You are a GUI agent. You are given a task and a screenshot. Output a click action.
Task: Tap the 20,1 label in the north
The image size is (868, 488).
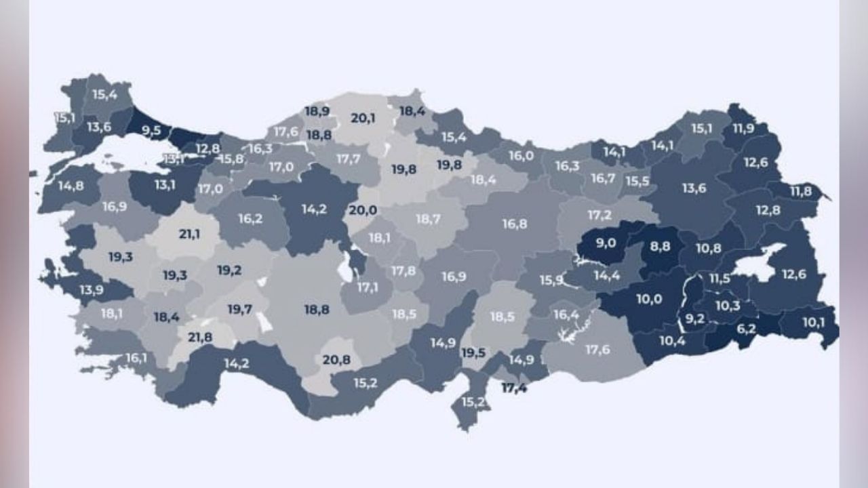click(363, 118)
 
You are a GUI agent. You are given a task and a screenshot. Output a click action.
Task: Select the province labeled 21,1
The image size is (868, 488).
click(189, 235)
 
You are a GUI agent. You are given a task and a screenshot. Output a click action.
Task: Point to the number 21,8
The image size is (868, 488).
click(200, 337)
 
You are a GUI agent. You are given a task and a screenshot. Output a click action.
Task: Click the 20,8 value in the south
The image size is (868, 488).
click(336, 360)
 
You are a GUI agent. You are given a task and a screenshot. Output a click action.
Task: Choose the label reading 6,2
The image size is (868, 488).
click(746, 329)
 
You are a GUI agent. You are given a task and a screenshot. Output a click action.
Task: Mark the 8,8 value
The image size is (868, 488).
click(660, 247)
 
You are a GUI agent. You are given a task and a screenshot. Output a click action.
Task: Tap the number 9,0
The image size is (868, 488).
click(606, 243)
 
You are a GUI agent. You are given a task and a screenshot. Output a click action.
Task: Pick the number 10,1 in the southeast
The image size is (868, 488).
click(814, 322)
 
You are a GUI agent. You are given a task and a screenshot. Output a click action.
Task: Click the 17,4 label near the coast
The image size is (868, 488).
click(514, 388)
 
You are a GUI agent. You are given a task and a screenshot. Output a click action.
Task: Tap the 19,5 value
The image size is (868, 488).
click(473, 352)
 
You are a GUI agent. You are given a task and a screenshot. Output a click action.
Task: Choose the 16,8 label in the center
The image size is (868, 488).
click(515, 224)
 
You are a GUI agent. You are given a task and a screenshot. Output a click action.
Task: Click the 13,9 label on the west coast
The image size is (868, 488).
click(92, 290)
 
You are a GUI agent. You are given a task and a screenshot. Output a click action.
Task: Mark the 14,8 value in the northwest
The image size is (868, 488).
click(71, 185)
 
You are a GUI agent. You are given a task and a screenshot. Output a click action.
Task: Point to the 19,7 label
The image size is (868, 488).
click(239, 310)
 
